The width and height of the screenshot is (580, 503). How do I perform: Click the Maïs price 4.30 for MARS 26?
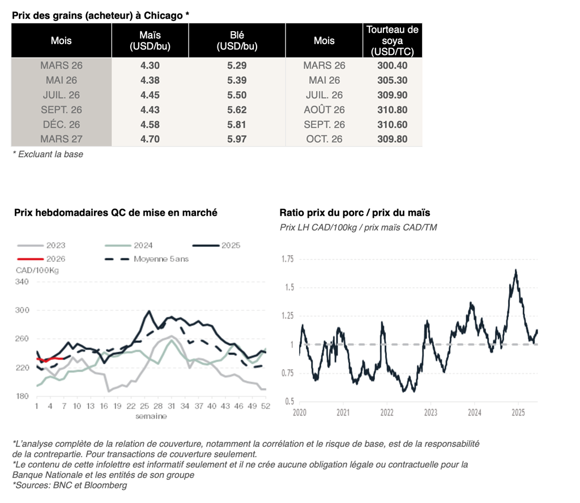150,66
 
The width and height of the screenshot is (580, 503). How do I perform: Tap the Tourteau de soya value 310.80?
392,110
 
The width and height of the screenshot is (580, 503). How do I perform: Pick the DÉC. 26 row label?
61,125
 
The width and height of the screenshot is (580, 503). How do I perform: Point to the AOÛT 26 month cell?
324,110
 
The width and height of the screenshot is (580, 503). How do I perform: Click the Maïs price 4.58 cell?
150,125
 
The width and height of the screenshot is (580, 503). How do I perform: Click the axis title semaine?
151,416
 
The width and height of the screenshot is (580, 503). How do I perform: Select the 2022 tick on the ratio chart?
387,413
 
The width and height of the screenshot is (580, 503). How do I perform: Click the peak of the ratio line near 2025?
516,270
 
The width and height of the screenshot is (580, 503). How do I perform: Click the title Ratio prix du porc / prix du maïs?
355,213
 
